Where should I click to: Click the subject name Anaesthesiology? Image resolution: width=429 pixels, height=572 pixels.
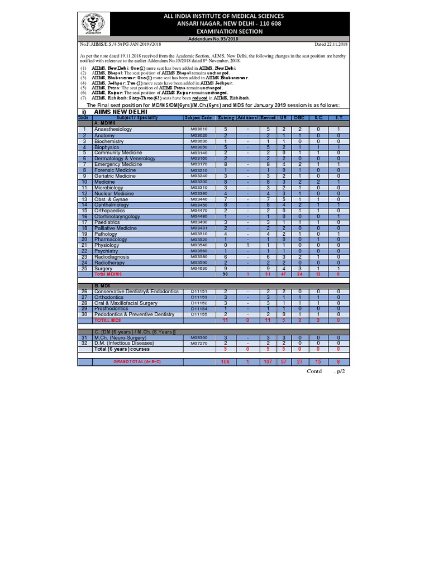[113, 129]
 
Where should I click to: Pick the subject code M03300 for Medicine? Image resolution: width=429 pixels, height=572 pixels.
[199, 182]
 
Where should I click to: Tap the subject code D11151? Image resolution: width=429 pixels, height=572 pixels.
[199, 292]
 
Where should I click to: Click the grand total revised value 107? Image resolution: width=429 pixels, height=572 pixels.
[268, 362]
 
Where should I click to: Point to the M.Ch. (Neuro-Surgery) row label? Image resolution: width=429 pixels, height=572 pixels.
[121, 338]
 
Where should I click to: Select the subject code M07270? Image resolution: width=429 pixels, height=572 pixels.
[199, 343]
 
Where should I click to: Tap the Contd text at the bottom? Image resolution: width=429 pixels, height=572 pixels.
[315, 371]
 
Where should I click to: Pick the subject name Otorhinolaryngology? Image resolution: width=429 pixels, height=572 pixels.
[119, 216]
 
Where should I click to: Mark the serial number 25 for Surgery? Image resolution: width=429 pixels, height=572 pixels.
[85, 269]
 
